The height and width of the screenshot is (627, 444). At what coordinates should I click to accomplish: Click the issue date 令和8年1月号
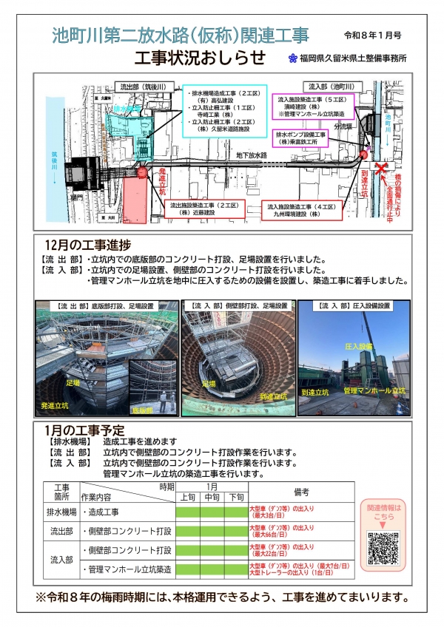(x=372, y=35)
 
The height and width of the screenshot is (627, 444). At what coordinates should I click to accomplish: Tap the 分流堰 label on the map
(x=344, y=126)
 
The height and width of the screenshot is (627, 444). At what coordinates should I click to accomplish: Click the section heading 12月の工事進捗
(x=87, y=245)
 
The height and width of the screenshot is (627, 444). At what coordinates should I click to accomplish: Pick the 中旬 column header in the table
(x=212, y=498)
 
